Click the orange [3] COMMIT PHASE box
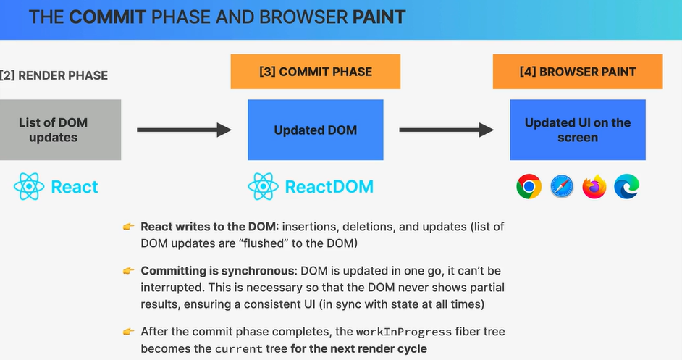coord(316,72)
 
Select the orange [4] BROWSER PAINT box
coord(578,72)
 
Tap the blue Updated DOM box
coord(316,130)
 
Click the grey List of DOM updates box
coord(60,130)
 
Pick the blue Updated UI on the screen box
coord(578,130)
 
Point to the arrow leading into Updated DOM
coord(184,130)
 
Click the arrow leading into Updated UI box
coord(446,130)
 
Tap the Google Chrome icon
coord(529,186)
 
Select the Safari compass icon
coord(562,186)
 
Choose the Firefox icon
coord(594,186)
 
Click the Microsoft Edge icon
coord(627,186)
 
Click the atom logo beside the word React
coord(29,186)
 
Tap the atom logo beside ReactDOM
coord(263,186)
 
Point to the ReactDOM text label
coord(329,187)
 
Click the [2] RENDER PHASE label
coord(54,75)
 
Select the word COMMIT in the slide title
coord(107,17)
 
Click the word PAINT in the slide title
coord(379,17)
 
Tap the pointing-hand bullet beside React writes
coord(128,227)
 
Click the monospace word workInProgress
coord(404,332)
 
